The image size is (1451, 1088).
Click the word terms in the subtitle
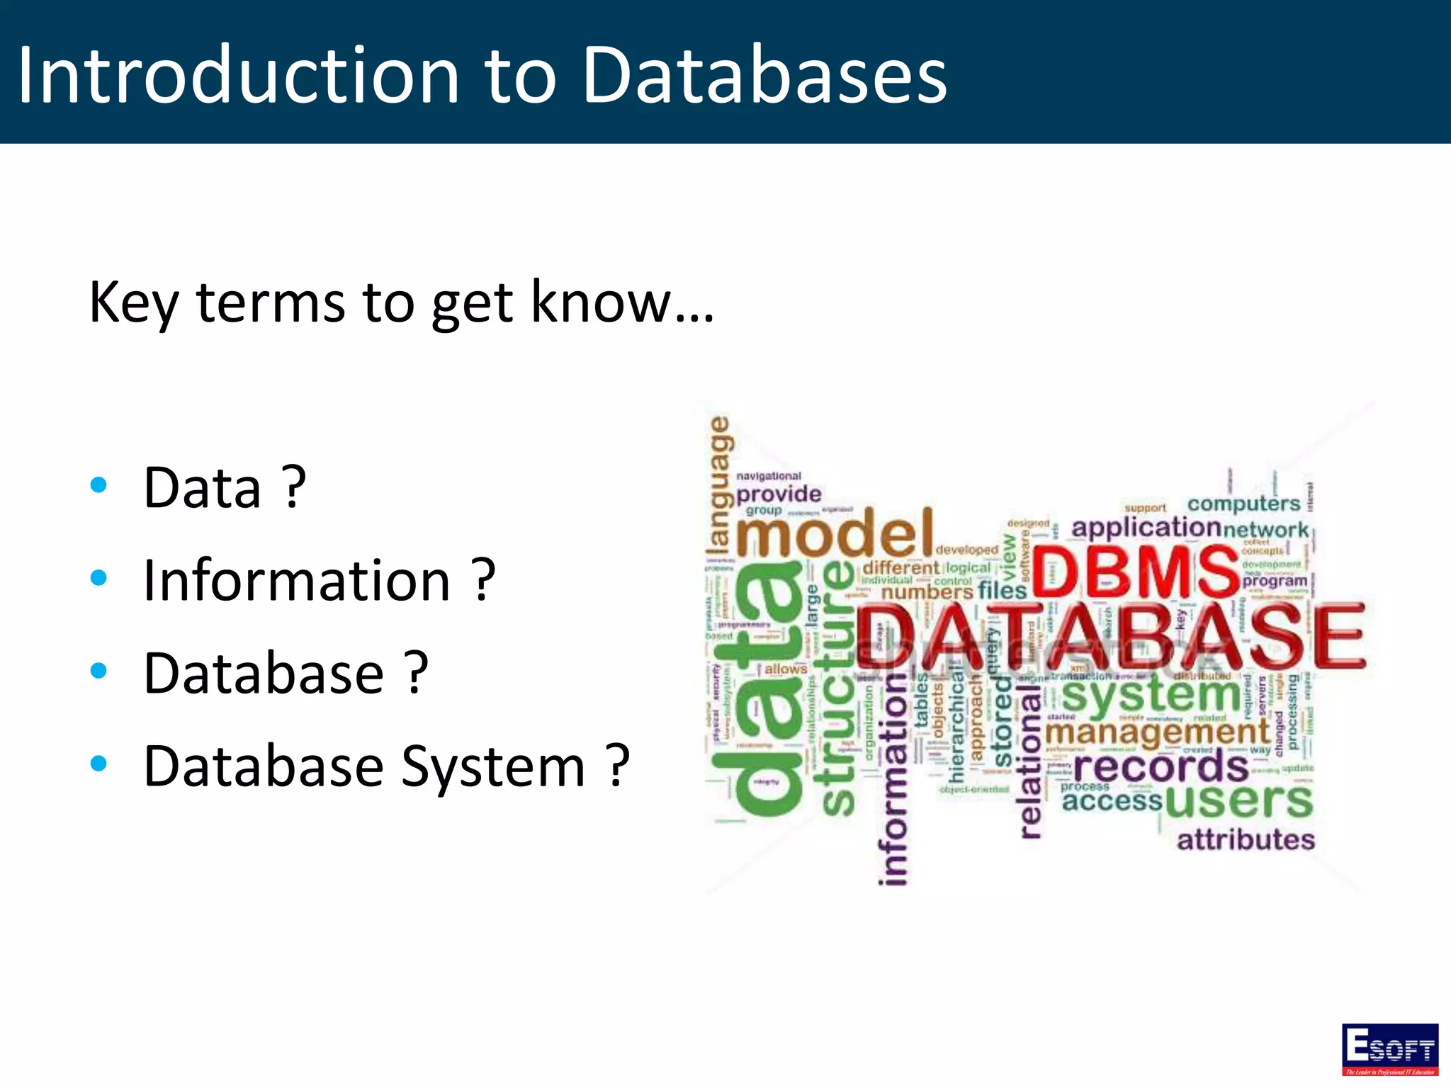pyautogui.click(x=270, y=302)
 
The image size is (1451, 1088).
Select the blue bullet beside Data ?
pyautogui.click(x=99, y=485)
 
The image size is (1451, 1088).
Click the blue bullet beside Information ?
pyautogui.click(x=99, y=578)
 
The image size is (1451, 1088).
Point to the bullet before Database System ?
pyautogui.click(x=99, y=764)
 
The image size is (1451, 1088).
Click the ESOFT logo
pyautogui.click(x=1389, y=1049)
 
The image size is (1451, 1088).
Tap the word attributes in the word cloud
pyautogui.click(x=1246, y=840)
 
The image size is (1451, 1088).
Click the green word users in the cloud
pyautogui.click(x=1238, y=801)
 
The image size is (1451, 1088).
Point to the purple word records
pyautogui.click(x=1161, y=766)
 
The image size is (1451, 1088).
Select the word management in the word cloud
pyautogui.click(x=1158, y=732)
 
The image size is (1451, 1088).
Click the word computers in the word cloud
pyautogui.click(x=1243, y=504)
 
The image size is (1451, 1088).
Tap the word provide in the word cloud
pyautogui.click(x=779, y=494)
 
